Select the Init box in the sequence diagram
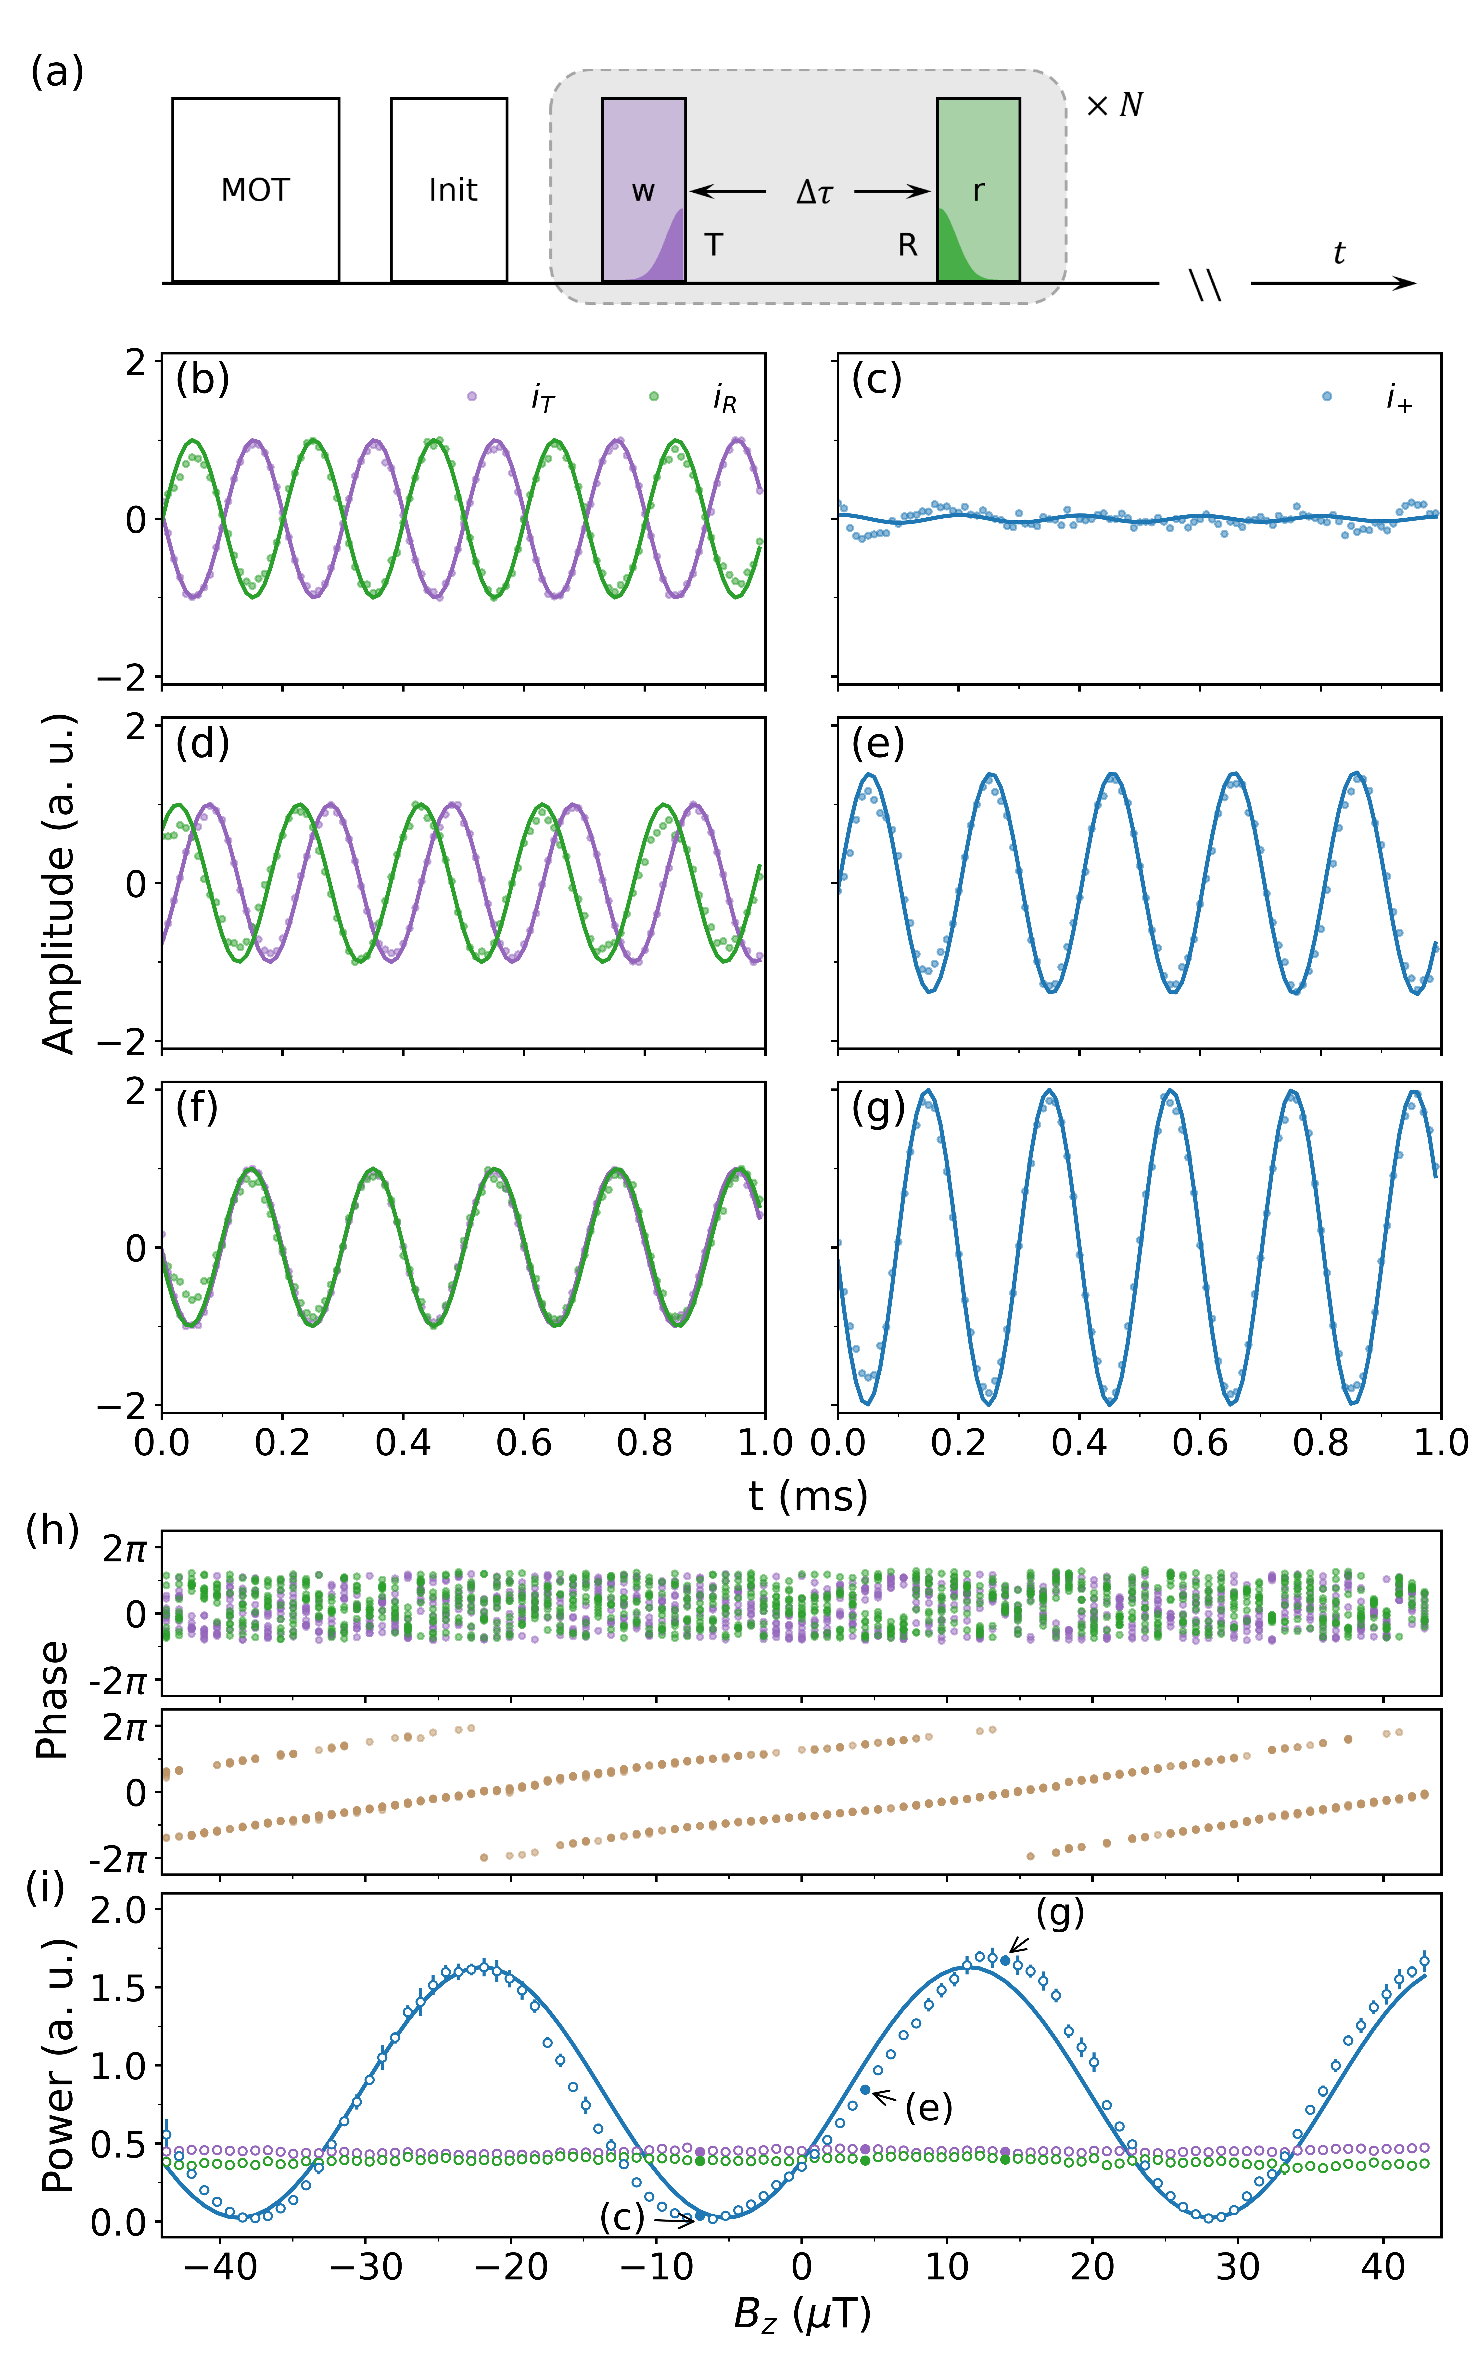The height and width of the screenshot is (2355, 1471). [x=448, y=190]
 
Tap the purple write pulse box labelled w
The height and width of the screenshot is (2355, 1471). [x=643, y=190]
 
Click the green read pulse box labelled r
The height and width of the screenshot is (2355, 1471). [x=978, y=190]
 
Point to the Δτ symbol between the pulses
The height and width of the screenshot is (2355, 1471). [x=813, y=192]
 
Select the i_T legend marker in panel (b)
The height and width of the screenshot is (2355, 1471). [x=472, y=396]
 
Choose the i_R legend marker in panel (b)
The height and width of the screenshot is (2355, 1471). [x=654, y=396]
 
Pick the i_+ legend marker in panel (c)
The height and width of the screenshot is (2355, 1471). [x=1327, y=396]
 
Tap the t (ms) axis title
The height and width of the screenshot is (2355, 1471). [x=808, y=1496]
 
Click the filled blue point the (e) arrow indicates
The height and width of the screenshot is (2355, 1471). [x=865, y=2089]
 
